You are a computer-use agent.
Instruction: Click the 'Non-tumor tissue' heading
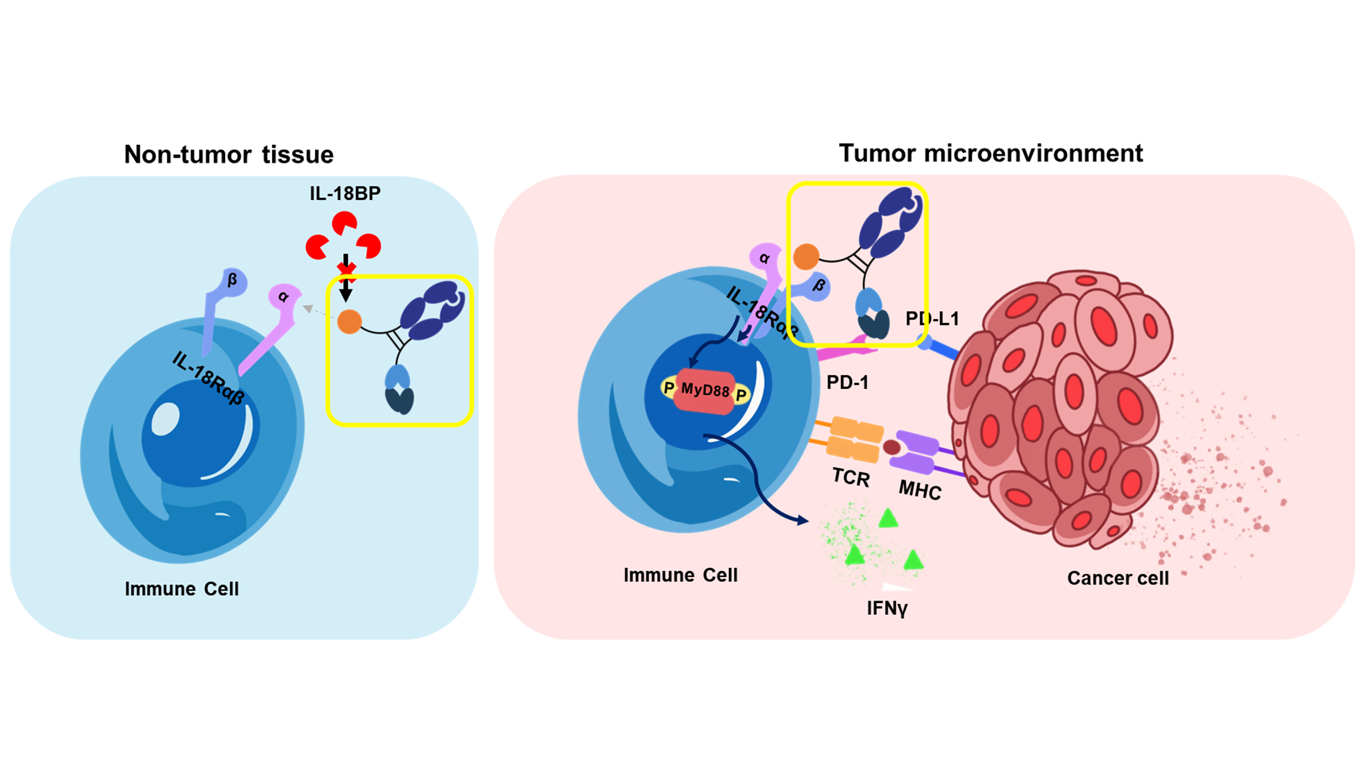tap(229, 155)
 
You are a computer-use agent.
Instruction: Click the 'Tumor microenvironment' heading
tap(990, 154)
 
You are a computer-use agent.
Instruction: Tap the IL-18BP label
tap(345, 193)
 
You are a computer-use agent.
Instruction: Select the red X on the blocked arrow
tap(346, 270)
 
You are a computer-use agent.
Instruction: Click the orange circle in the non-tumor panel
tap(349, 321)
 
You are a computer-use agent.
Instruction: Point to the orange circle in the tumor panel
tap(805, 256)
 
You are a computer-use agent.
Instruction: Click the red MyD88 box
tap(705, 391)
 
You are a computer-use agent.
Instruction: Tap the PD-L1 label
tap(932, 319)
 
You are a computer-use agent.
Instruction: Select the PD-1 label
tap(847, 382)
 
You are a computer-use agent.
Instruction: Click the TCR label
tap(850, 477)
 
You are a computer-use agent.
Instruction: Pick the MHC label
tap(920, 489)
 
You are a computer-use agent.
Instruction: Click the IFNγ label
tap(886, 608)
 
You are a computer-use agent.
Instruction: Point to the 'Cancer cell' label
tap(1118, 578)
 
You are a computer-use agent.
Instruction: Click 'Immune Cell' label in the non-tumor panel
tap(181, 589)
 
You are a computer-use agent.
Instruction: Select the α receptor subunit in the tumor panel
tap(764, 258)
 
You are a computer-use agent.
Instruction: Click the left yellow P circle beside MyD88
tap(669, 387)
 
